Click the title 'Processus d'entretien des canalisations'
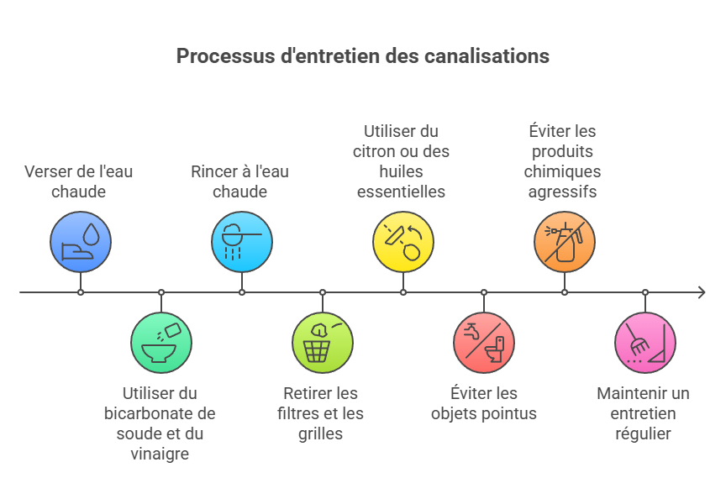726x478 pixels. point(362,56)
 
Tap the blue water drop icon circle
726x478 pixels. point(81,242)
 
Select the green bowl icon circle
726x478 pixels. point(161,343)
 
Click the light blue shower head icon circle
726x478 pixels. point(242,242)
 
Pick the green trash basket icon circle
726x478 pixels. point(323,343)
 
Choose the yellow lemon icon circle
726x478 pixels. point(403,242)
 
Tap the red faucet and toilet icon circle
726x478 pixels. point(484,343)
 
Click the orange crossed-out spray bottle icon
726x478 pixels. point(565,242)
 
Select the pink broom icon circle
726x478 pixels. point(645,343)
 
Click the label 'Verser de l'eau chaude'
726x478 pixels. point(79,181)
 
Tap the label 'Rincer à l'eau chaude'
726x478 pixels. point(240,181)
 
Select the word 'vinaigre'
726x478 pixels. point(160,454)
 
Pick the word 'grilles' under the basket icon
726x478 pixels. point(321,433)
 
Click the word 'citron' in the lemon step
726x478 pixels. point(379,152)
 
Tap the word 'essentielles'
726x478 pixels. point(402,192)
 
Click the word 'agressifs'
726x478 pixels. point(562,192)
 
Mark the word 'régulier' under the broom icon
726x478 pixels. point(643,433)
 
